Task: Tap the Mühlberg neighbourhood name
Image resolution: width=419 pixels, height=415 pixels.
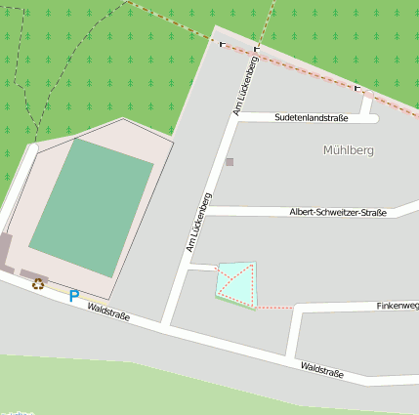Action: pos(348,150)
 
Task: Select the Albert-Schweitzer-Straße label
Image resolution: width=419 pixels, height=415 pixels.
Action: pos(338,212)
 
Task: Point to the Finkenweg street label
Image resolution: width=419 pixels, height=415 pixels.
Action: pos(397,306)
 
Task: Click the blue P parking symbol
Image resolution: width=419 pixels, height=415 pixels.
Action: pos(73,295)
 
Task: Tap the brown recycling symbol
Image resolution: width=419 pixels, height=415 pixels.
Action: pos(38,284)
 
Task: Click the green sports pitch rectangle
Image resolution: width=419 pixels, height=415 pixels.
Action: pos(92,207)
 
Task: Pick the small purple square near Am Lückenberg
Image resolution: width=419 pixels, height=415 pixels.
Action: pos(230,162)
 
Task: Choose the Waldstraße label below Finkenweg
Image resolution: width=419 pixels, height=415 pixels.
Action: pos(323,370)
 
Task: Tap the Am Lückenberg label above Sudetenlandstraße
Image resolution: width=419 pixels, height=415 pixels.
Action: pos(244,89)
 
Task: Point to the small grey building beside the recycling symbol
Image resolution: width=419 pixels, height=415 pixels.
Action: pos(34,274)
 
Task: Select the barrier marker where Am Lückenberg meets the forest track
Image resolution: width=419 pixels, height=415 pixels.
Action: pos(258,49)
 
